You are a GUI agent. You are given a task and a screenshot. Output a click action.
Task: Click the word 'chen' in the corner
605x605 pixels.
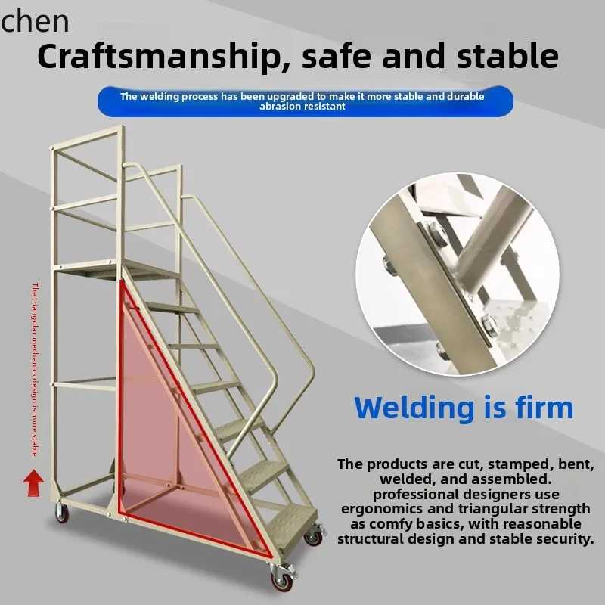pyautogui.click(x=35, y=21)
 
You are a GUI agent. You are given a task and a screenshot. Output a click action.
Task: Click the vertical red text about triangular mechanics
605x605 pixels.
pyautogui.click(x=34, y=371)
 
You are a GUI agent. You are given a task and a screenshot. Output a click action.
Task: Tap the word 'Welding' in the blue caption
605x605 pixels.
pyautogui.click(x=413, y=408)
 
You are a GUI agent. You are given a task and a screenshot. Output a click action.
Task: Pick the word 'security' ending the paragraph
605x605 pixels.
pyautogui.click(x=560, y=539)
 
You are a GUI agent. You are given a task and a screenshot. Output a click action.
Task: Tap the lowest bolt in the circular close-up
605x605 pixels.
pyautogui.click(x=441, y=349)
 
